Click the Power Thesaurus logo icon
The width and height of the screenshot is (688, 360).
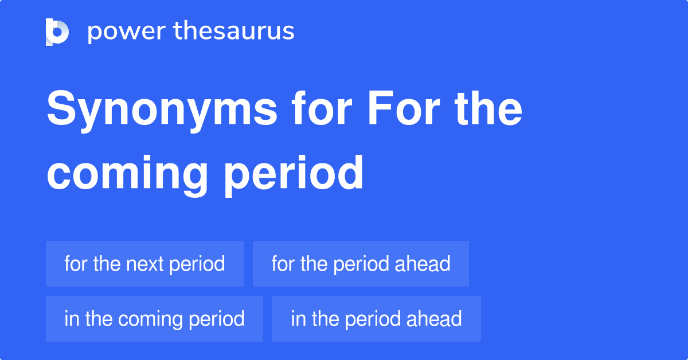pyautogui.click(x=57, y=32)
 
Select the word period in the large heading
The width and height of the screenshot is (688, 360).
pyautogui.click(x=294, y=173)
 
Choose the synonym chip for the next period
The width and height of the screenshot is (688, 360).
pyautogui.click(x=144, y=264)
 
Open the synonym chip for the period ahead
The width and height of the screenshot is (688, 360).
pyautogui.click(x=361, y=264)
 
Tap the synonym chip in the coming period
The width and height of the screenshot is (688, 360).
pyautogui.click(x=154, y=319)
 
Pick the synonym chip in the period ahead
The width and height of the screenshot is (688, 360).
pyautogui.click(x=376, y=319)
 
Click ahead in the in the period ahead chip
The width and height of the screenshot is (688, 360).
pyautogui.click(x=436, y=319)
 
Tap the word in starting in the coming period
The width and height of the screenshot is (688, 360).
pyautogui.click(x=71, y=319)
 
